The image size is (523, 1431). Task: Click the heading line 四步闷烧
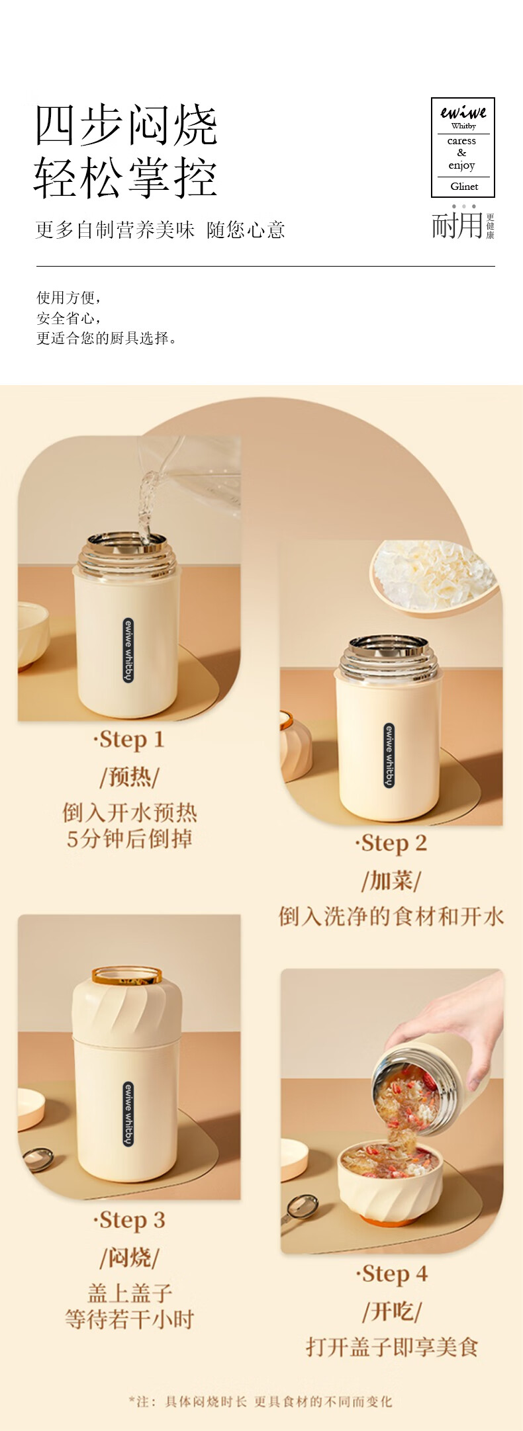126,125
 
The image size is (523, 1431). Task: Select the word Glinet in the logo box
464,187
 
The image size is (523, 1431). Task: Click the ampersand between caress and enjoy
462,153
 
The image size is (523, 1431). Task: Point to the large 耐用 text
457,225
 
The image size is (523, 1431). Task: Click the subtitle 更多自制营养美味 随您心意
160,230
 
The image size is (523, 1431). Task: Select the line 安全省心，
69,318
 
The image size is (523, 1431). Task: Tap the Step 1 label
128,740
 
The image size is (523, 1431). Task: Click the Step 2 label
391,844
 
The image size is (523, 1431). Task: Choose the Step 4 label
392,1274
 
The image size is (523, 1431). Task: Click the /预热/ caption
129,776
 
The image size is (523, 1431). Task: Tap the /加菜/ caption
391,881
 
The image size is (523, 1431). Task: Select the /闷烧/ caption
129,1257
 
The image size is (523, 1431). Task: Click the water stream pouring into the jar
146,503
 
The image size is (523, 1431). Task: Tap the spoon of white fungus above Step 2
434,576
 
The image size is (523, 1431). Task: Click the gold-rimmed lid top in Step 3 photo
126,975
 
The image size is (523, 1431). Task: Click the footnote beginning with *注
260,1401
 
